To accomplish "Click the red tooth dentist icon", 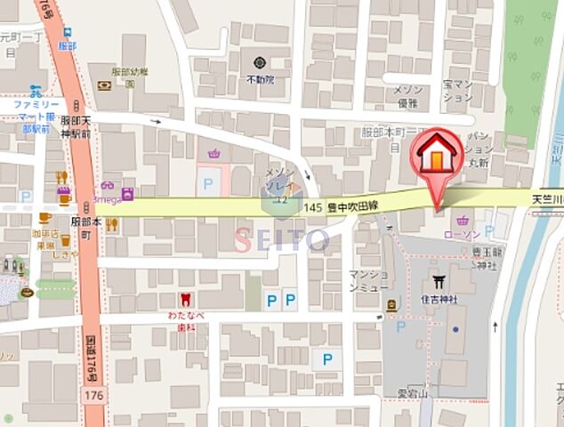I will pos(186,300).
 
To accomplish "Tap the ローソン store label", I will pos(462,236).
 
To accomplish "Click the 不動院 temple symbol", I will pos(260,62).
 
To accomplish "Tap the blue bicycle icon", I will pos(36,91).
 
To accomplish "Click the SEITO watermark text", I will pos(281,238).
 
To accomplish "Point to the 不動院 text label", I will pos(260,79).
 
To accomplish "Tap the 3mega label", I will pos(107,200).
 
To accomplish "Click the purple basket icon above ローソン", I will pos(462,221).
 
